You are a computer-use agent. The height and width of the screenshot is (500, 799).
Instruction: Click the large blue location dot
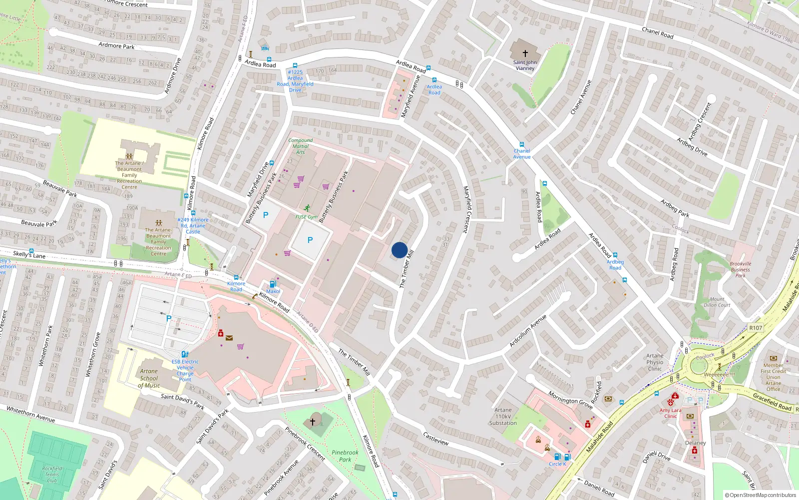point(399,250)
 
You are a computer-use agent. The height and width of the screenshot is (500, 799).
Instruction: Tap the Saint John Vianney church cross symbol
point(525,53)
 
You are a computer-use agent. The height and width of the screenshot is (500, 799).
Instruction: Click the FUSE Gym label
point(306,217)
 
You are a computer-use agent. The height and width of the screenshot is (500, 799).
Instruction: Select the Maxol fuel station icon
point(273,284)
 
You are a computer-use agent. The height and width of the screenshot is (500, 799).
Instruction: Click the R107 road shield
point(756,328)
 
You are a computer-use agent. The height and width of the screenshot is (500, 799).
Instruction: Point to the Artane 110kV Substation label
point(503,416)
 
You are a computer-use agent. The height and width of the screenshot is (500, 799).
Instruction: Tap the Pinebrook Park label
point(345,456)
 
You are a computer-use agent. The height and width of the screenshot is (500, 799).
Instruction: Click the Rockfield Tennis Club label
point(52,474)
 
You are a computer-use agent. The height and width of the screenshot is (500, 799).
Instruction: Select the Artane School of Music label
point(149,378)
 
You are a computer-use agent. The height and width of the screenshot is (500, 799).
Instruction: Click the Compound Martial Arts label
point(301,146)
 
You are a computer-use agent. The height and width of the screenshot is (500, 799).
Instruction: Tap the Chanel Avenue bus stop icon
point(522,144)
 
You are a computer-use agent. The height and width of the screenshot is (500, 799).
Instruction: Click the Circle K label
point(557,464)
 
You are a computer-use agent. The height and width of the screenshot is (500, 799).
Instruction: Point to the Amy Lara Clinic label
point(670,413)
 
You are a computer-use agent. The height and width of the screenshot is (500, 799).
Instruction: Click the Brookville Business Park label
point(740,269)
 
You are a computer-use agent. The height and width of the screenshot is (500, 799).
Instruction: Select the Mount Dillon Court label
point(717,302)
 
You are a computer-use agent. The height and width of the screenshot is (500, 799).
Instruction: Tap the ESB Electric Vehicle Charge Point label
point(185,370)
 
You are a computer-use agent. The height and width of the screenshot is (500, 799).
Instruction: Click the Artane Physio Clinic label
point(655,362)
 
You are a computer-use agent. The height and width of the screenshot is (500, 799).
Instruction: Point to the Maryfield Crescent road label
point(466,209)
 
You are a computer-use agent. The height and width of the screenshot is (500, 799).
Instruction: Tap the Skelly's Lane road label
point(29,255)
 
